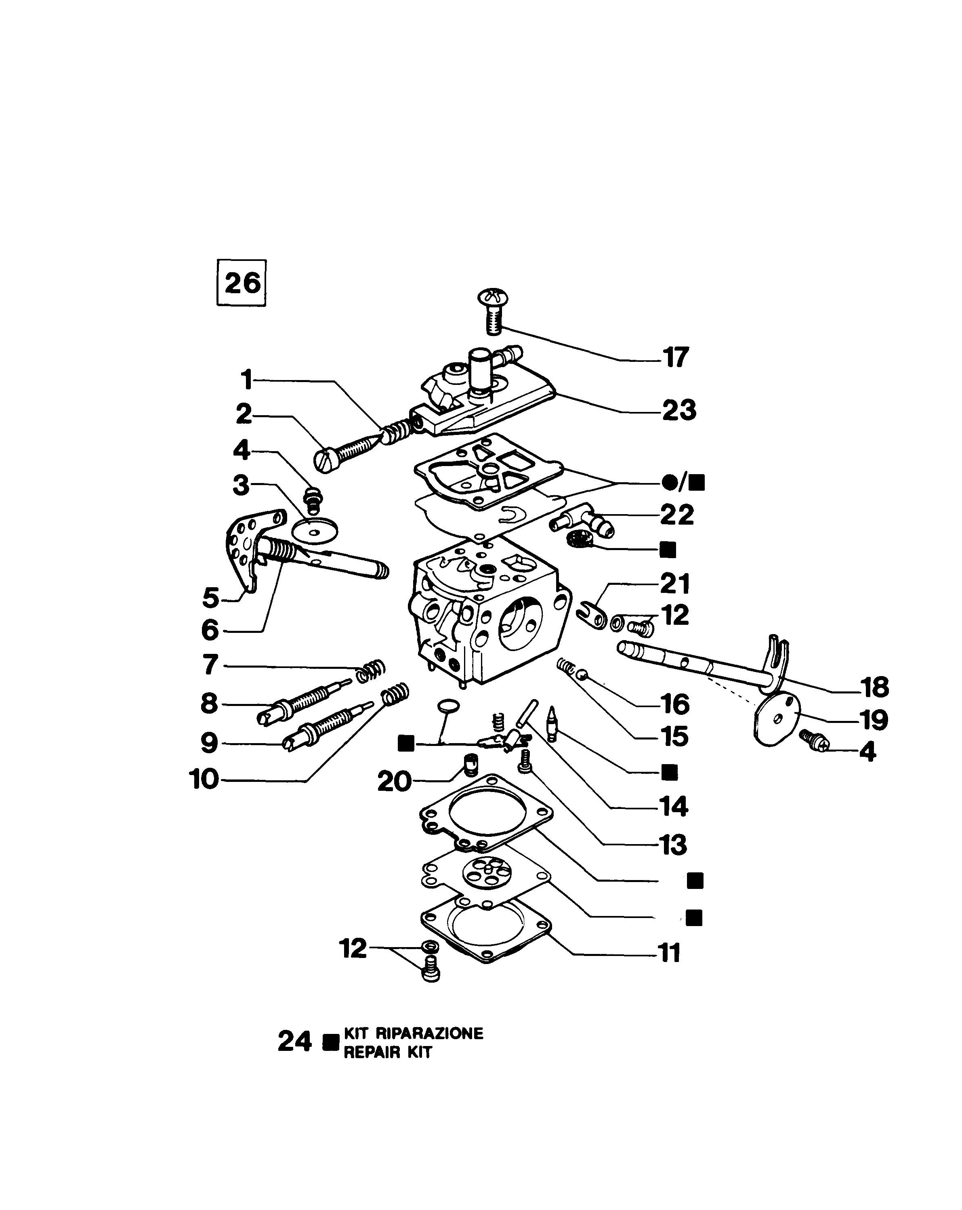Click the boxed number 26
(242, 282)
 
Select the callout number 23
(679, 410)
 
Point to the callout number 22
(677, 515)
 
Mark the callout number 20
(395, 781)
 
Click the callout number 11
(670, 952)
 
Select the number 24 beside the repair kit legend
(295, 1042)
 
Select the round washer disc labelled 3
(316, 530)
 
